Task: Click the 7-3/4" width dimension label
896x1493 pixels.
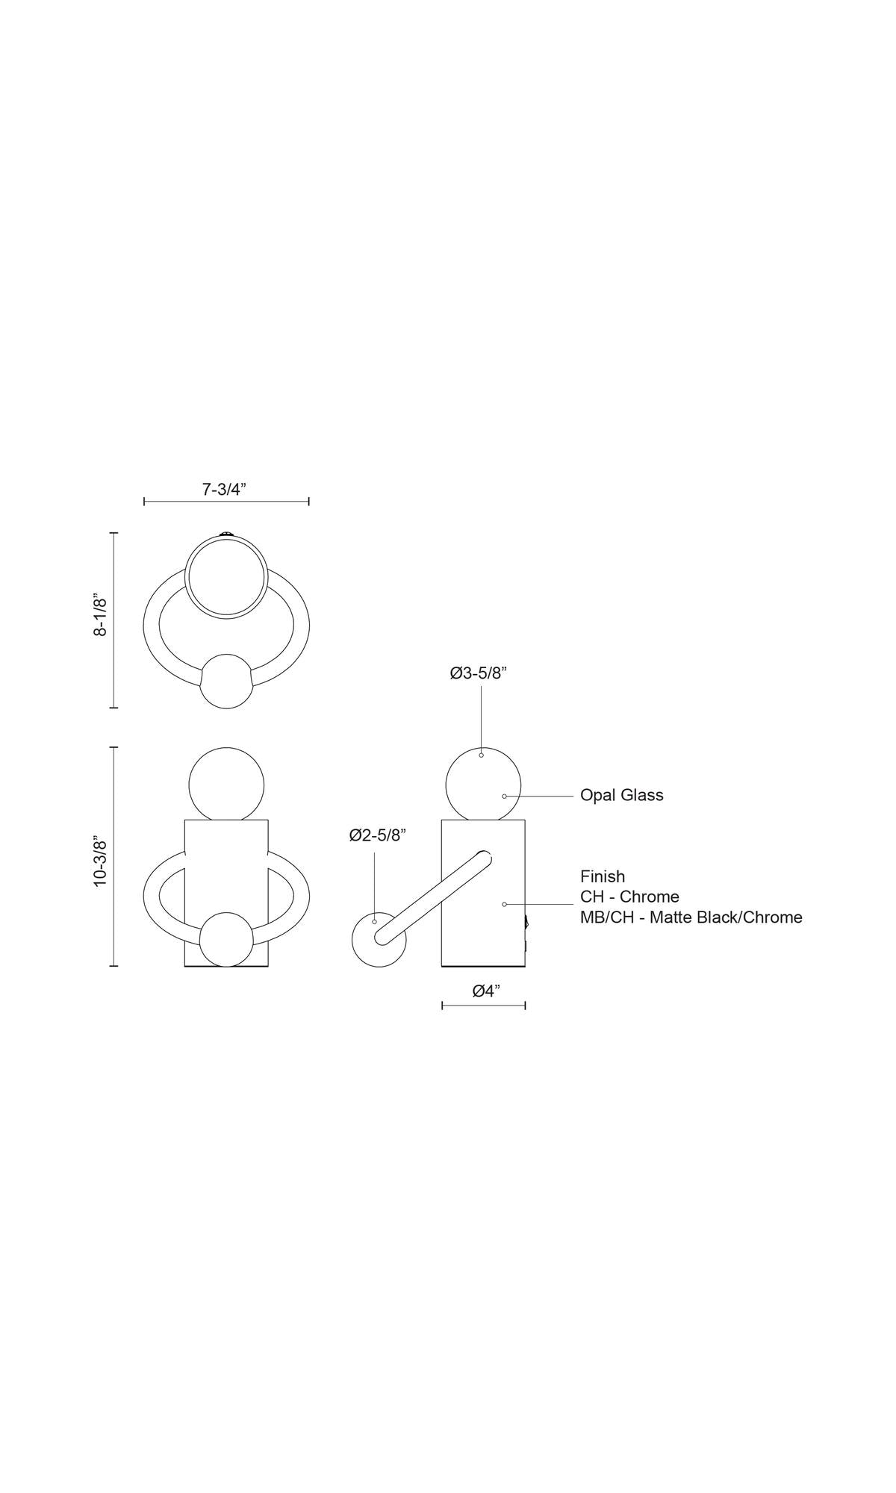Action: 224,490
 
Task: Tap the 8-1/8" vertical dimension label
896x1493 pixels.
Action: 100,616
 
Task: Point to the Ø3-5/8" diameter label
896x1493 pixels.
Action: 479,673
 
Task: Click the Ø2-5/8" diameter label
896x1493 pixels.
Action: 378,835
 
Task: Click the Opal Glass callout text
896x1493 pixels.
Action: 622,796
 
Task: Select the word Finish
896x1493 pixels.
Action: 603,876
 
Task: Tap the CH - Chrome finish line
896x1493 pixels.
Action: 629,897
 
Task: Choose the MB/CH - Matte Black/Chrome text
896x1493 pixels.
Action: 691,917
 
